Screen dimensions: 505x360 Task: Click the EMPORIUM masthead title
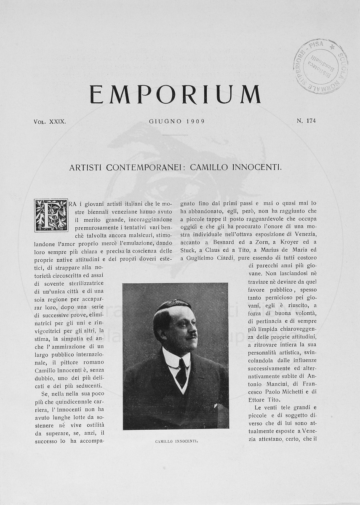tap(175, 94)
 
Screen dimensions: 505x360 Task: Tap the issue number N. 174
tap(306, 121)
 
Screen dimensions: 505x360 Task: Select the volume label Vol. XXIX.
tap(50, 121)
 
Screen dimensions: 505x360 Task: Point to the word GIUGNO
tap(165, 121)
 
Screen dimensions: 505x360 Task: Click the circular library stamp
tap(320, 66)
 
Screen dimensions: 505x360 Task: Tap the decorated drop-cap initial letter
tap(51, 215)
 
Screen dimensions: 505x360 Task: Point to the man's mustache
tap(191, 336)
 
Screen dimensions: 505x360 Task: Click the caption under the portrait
tap(176, 442)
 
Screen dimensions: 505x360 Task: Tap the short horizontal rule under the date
tap(175, 135)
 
